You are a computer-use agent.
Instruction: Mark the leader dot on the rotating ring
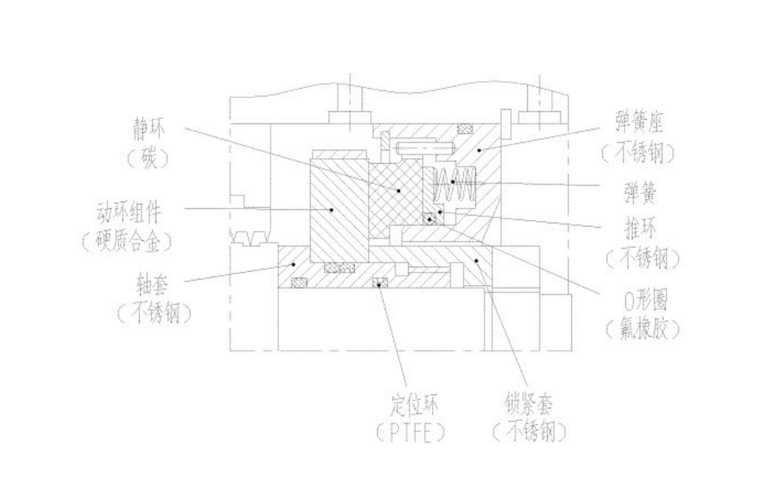click(331, 209)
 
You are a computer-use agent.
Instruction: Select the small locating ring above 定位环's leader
click(379, 283)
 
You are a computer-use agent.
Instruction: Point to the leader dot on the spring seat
click(479, 151)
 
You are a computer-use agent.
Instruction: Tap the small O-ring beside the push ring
click(429, 219)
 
